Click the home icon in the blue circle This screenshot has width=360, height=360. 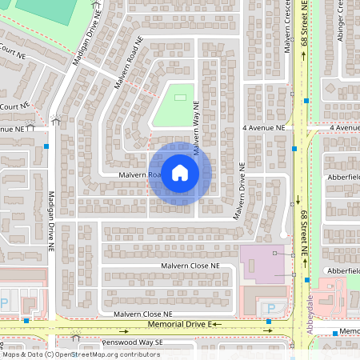tap(180, 172)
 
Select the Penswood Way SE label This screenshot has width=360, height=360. tap(131, 342)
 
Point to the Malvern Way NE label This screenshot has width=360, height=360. tap(194, 122)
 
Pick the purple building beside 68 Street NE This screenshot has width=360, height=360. tap(264, 264)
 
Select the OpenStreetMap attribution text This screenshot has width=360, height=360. tap(80, 354)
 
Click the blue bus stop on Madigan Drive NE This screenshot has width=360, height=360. tap(47, 146)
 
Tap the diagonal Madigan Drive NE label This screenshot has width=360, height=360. tap(86, 40)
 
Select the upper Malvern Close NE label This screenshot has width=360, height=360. tap(190, 265)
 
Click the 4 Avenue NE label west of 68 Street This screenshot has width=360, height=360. tap(264, 127)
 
